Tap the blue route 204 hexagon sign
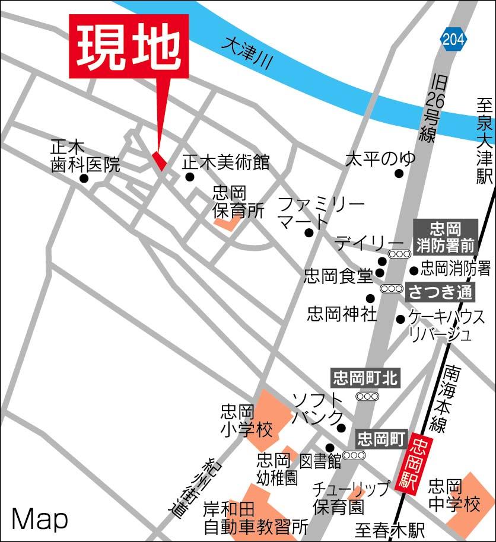click(x=454, y=39)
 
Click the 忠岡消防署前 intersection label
click(x=446, y=236)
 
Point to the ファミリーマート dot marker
click(x=309, y=232)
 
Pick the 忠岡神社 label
click(x=342, y=313)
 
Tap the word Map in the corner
click(x=40, y=519)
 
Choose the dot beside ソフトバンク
click(x=341, y=428)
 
